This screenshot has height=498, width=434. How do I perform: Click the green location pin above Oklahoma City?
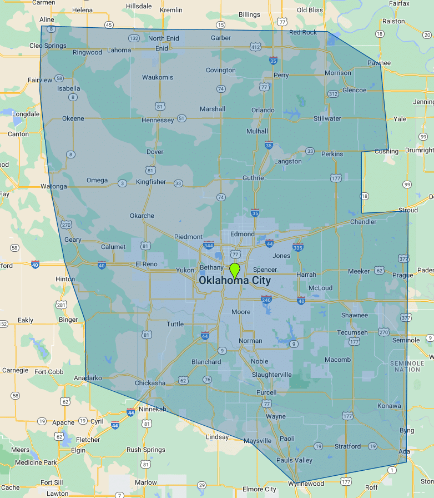(x=235, y=270)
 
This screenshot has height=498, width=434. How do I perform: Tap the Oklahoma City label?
(x=235, y=281)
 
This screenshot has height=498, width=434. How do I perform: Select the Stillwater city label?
(x=327, y=118)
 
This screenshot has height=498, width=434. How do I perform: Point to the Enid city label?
(x=162, y=48)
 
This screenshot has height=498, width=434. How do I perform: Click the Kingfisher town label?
(x=151, y=182)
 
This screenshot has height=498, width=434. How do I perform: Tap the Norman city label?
(x=250, y=341)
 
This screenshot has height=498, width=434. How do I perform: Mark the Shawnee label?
(x=354, y=315)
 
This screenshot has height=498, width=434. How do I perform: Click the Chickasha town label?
(x=150, y=383)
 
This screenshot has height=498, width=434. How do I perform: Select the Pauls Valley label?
(x=294, y=460)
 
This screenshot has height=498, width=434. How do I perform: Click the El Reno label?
(x=147, y=263)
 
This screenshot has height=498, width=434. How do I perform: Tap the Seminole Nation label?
(x=407, y=366)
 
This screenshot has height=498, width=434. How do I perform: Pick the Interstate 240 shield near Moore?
(x=266, y=300)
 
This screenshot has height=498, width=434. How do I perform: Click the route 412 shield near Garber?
(x=255, y=47)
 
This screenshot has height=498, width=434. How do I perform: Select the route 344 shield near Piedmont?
(x=209, y=245)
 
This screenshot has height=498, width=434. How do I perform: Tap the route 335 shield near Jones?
(x=298, y=247)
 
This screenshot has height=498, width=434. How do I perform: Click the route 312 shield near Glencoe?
(x=333, y=93)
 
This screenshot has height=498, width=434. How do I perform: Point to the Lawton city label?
(x=58, y=494)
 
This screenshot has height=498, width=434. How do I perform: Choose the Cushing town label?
(x=386, y=151)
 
